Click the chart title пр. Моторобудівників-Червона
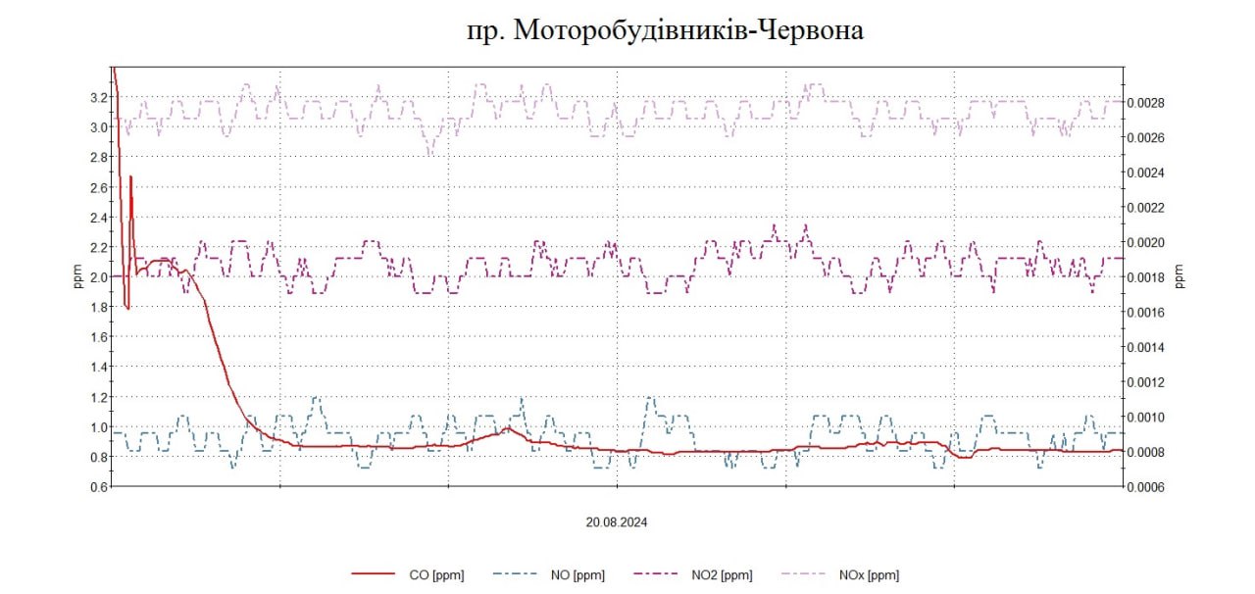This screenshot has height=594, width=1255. tap(666, 30)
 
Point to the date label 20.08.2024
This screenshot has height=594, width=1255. tap(617, 522)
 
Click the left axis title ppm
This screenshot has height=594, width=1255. tap(78, 277)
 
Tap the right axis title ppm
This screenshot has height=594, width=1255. tap(1180, 277)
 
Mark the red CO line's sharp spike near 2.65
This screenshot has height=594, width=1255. tap(129, 177)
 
